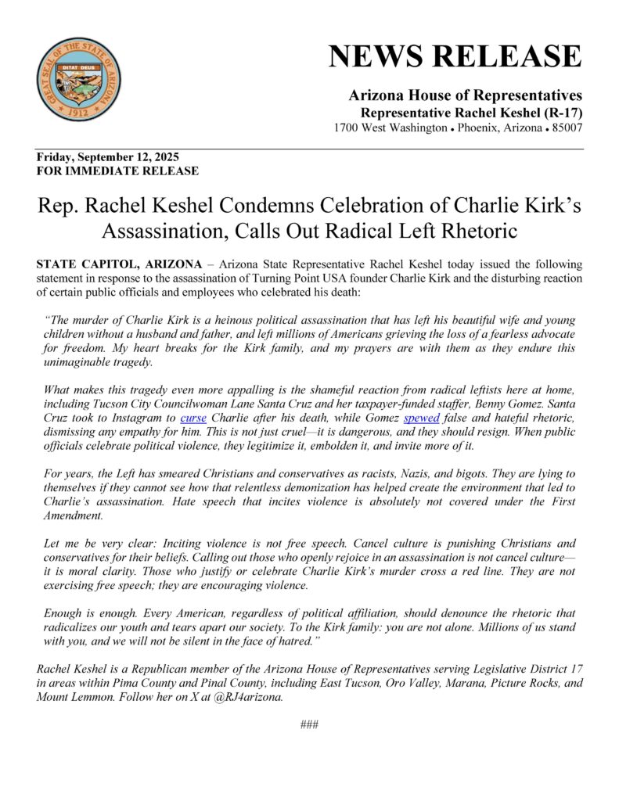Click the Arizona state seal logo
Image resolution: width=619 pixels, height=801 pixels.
coord(79,79)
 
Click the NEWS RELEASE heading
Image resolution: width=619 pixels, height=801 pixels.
coord(455,57)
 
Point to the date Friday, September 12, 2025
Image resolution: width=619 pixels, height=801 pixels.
coord(107,157)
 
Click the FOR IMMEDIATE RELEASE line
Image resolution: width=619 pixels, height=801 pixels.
coord(117,171)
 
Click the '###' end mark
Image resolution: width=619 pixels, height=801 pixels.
coord(309,724)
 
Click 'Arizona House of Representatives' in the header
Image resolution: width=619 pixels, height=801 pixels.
coord(465,95)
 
